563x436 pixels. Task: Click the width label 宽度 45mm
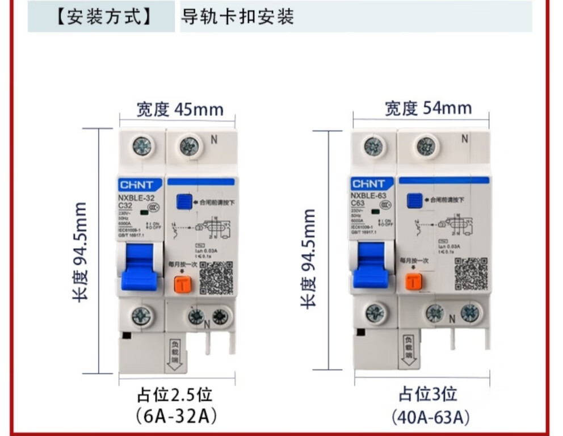pos(179,108)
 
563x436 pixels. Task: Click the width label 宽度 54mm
pos(428,108)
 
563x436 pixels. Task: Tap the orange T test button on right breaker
pos(413,280)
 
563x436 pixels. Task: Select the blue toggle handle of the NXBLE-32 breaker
pos(139,267)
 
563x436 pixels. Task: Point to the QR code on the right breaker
pos(471,274)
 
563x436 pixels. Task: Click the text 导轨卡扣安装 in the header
pos(237,17)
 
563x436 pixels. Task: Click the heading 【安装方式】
pos(102,17)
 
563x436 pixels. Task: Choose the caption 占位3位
pos(427,394)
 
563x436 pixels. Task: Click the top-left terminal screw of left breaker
pos(142,146)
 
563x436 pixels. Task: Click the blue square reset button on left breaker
pos(183,200)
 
